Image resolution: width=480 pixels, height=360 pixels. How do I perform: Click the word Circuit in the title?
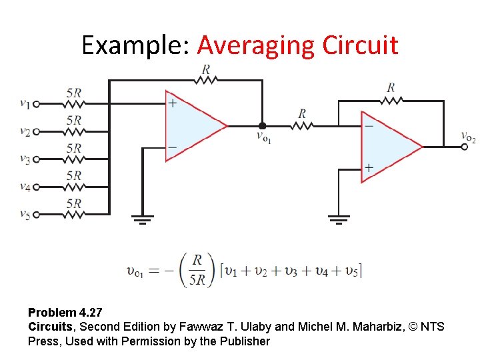click(x=360, y=45)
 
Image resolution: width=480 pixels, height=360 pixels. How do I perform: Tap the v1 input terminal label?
click(x=25, y=103)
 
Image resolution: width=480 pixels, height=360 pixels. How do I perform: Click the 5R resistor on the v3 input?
click(x=74, y=159)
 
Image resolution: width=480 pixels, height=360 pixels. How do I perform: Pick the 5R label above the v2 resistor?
click(x=74, y=121)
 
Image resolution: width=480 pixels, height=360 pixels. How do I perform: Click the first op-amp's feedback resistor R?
click(x=205, y=80)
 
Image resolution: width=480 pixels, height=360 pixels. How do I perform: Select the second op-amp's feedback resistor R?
click(x=391, y=100)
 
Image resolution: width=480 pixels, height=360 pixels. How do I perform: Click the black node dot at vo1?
click(x=262, y=125)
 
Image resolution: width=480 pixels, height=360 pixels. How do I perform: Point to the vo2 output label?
click(x=468, y=137)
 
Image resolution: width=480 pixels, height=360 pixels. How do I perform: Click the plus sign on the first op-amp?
click(x=173, y=103)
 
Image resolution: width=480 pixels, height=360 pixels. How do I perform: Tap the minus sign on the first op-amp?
click(x=173, y=147)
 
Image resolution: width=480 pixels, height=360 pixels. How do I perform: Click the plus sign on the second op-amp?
click(x=368, y=168)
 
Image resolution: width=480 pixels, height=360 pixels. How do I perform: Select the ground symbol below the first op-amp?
click(x=141, y=219)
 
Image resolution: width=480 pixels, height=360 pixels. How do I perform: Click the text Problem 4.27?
click(x=65, y=312)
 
